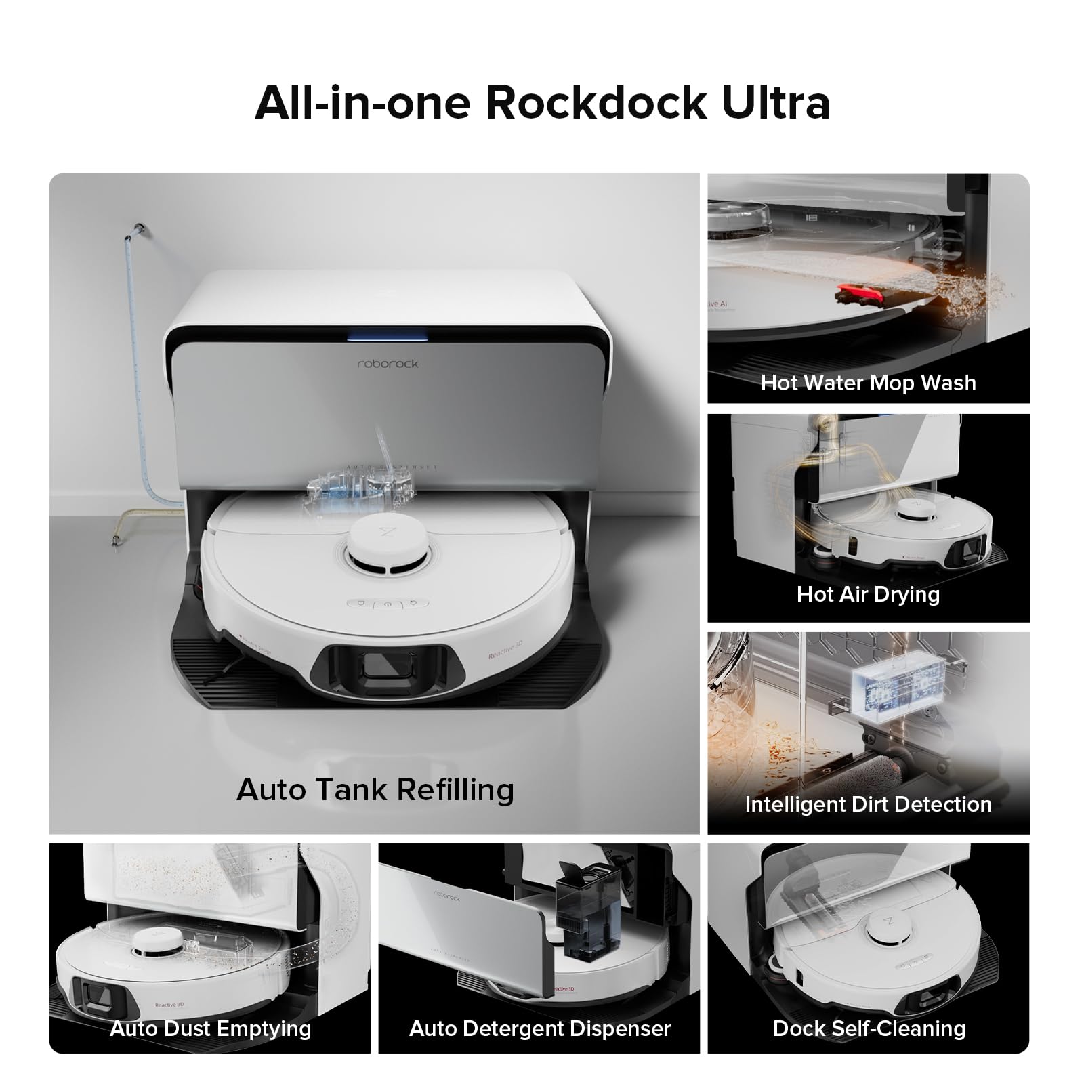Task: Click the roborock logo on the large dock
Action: (x=388, y=364)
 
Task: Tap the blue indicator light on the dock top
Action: (x=388, y=334)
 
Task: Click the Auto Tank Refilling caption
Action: (x=375, y=789)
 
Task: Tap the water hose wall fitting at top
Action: (x=139, y=226)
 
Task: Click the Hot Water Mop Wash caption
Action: (x=868, y=383)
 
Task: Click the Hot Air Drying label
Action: (x=868, y=594)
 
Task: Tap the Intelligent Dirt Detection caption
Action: (x=868, y=804)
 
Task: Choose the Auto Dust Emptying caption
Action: (x=210, y=1028)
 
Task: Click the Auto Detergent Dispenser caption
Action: (x=539, y=1028)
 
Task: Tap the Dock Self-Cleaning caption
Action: (x=869, y=1028)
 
